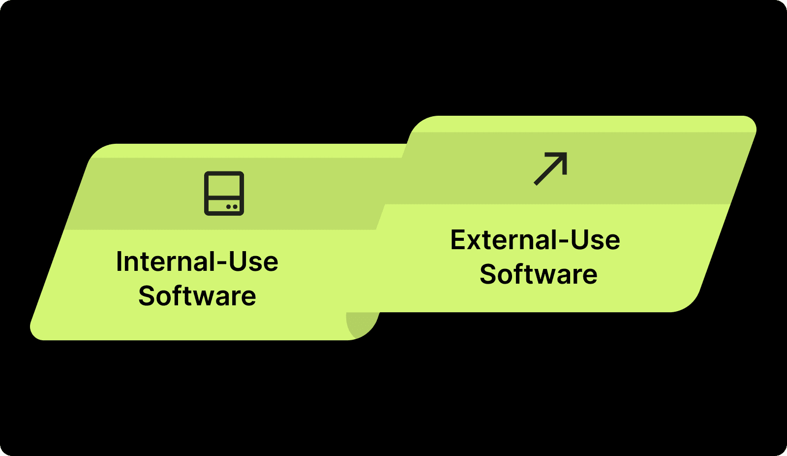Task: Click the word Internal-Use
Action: [x=197, y=261]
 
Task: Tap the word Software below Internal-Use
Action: [x=197, y=296]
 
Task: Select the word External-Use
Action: [x=535, y=240]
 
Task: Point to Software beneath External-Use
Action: [x=538, y=274]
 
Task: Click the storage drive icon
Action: [x=224, y=193]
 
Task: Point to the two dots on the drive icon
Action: [x=232, y=207]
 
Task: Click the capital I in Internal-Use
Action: [x=119, y=261]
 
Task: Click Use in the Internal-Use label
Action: [x=254, y=261]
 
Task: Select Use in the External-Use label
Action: [x=595, y=240]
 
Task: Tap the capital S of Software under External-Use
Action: [x=487, y=274]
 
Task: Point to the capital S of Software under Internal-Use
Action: [x=146, y=296]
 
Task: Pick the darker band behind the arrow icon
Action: [x=639, y=167]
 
